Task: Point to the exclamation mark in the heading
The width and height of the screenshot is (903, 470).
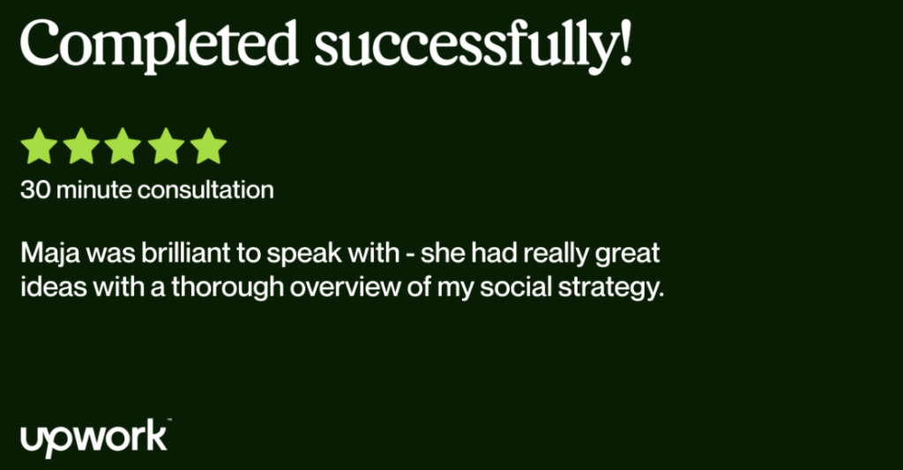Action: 626,41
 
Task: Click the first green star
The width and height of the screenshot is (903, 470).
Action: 39,146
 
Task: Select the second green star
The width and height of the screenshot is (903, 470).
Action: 81,146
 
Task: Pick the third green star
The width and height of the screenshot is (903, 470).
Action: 123,146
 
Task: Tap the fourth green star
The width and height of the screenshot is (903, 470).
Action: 166,146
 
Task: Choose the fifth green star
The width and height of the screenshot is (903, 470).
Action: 208,146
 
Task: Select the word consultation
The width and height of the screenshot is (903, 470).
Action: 206,190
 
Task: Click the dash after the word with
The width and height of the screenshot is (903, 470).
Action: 410,256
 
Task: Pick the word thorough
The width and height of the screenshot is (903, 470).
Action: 228,287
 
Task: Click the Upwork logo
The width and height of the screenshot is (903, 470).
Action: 95,438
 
